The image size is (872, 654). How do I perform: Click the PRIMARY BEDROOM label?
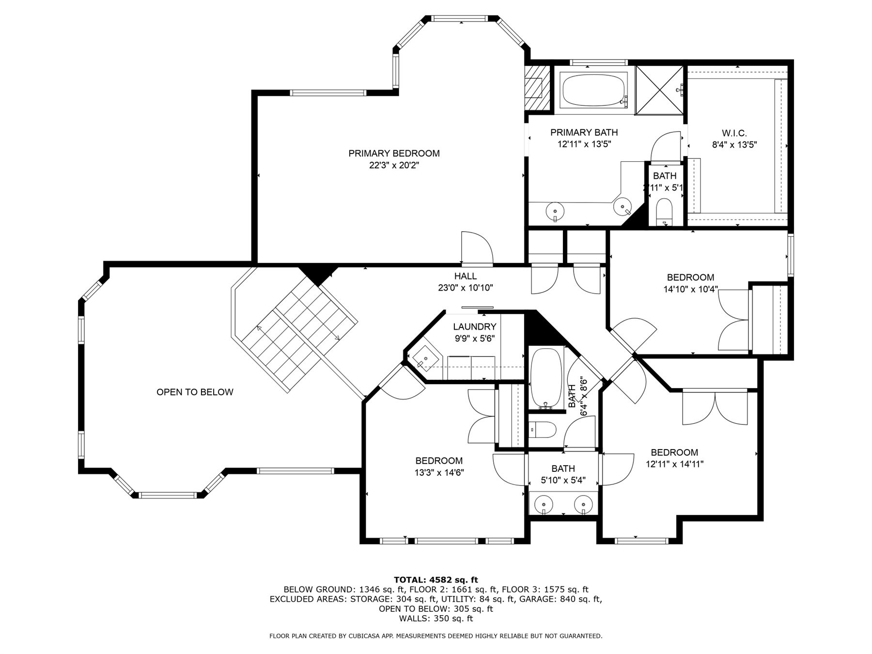(394, 154)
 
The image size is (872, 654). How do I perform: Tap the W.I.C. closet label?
(734, 133)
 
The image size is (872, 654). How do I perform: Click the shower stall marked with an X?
(659, 91)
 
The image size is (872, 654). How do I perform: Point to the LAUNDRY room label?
(474, 327)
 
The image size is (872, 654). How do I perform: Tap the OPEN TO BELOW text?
(195, 392)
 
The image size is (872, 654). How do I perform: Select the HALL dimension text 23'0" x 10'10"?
(465, 288)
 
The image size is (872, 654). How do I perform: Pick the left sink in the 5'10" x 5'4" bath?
(544, 505)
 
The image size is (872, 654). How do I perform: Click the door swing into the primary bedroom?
(477, 248)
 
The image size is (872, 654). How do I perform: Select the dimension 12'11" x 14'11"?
(674, 464)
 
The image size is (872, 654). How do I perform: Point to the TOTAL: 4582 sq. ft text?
(436, 579)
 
